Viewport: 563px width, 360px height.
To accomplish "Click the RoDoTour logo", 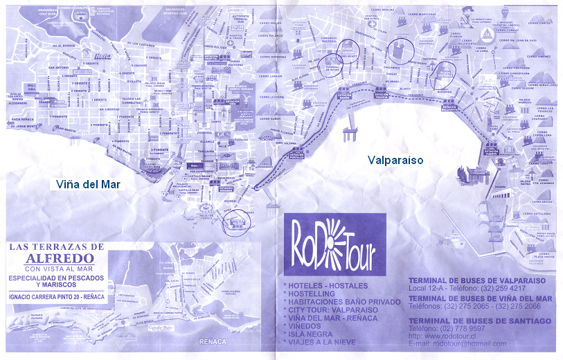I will click(332, 246).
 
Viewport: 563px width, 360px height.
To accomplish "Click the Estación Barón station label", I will click(344, 97).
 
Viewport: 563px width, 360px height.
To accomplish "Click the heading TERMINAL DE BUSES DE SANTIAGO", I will click(480, 321).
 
